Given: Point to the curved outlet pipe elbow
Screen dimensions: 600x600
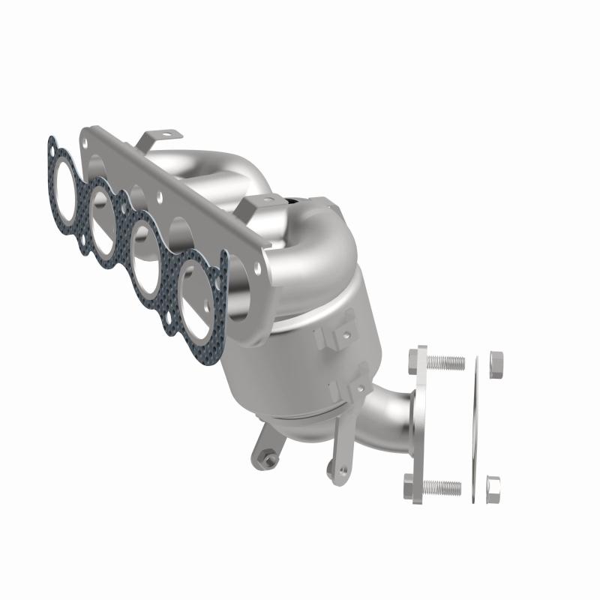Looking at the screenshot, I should [x=386, y=421].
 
